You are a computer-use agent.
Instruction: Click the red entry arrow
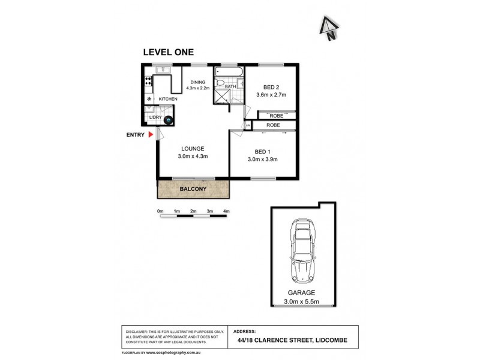coord(151,135)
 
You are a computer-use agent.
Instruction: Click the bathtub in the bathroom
coord(229,74)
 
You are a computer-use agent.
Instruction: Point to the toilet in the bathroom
coord(220,84)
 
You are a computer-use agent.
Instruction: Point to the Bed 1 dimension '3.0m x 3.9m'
coord(262,159)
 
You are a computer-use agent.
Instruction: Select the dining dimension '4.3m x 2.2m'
coord(198,88)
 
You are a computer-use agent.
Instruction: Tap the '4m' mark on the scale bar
coord(226,211)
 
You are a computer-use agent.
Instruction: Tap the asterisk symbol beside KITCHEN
coord(149,98)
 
